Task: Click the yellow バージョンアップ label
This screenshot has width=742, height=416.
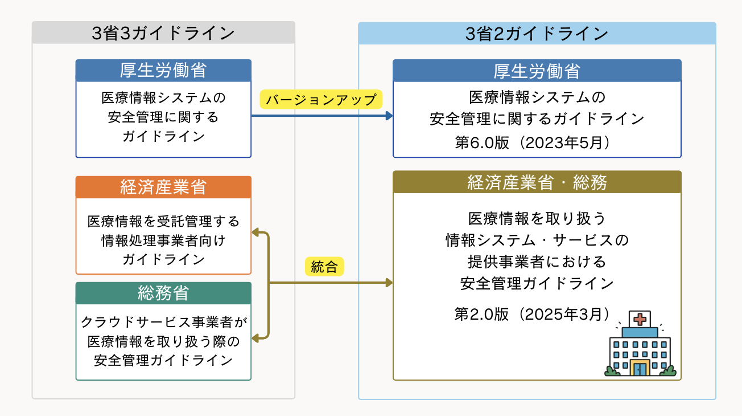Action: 321,100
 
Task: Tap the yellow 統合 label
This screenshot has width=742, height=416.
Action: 324,267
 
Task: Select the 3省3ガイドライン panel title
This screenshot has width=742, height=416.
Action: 163,33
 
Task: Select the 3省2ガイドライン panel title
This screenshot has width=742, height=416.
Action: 537,34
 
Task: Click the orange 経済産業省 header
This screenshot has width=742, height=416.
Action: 163,187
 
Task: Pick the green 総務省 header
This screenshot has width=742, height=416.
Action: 163,293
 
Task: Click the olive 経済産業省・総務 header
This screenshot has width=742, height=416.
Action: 537,182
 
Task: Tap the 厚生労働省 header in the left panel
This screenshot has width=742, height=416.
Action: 163,70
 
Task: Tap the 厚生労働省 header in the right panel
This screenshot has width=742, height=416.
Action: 537,71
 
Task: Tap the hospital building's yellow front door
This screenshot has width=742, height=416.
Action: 640,368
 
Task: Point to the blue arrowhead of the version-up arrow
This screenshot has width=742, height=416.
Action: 390,116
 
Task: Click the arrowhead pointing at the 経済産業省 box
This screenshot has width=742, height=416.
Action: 255,232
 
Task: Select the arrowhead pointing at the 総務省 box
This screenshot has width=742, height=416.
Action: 255,338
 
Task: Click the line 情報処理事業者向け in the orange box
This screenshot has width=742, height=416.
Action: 163,240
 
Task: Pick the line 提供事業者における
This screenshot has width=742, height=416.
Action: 537,261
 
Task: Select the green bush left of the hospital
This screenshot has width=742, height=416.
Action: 612,371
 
